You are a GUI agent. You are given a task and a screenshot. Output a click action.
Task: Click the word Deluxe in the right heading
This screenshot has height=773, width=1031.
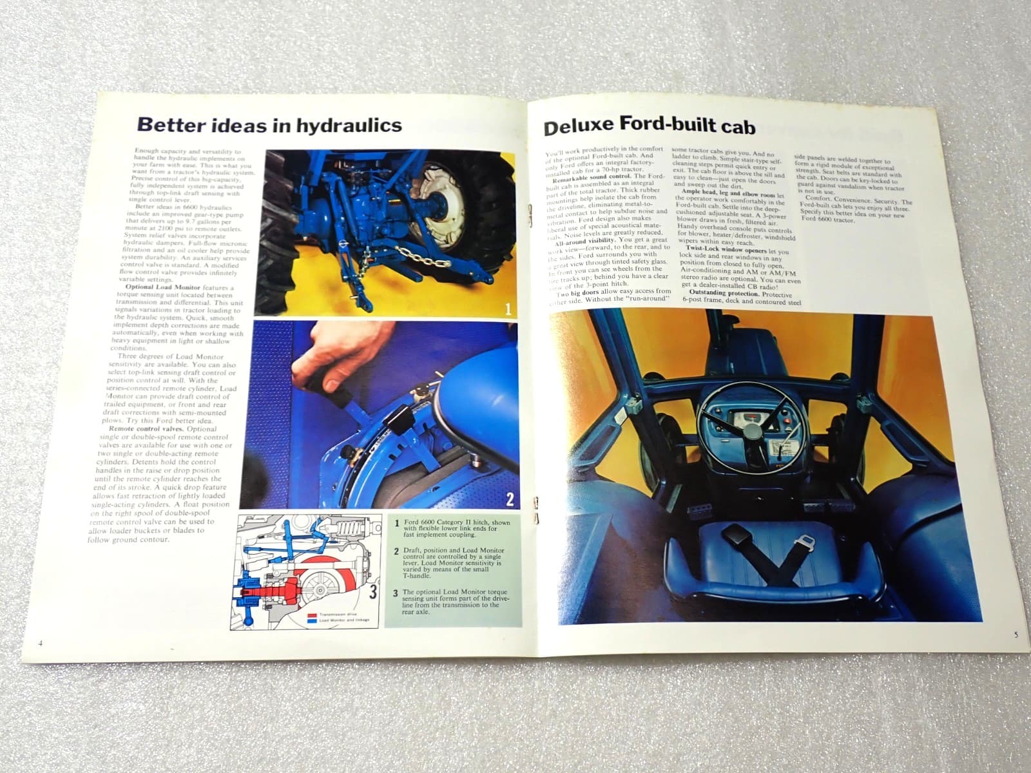[578, 128]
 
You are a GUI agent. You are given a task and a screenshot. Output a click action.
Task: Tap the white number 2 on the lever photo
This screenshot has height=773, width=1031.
[510, 499]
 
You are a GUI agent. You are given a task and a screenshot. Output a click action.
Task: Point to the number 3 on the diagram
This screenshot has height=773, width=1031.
[373, 593]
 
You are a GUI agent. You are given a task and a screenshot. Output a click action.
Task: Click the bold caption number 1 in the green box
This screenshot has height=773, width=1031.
[396, 524]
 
